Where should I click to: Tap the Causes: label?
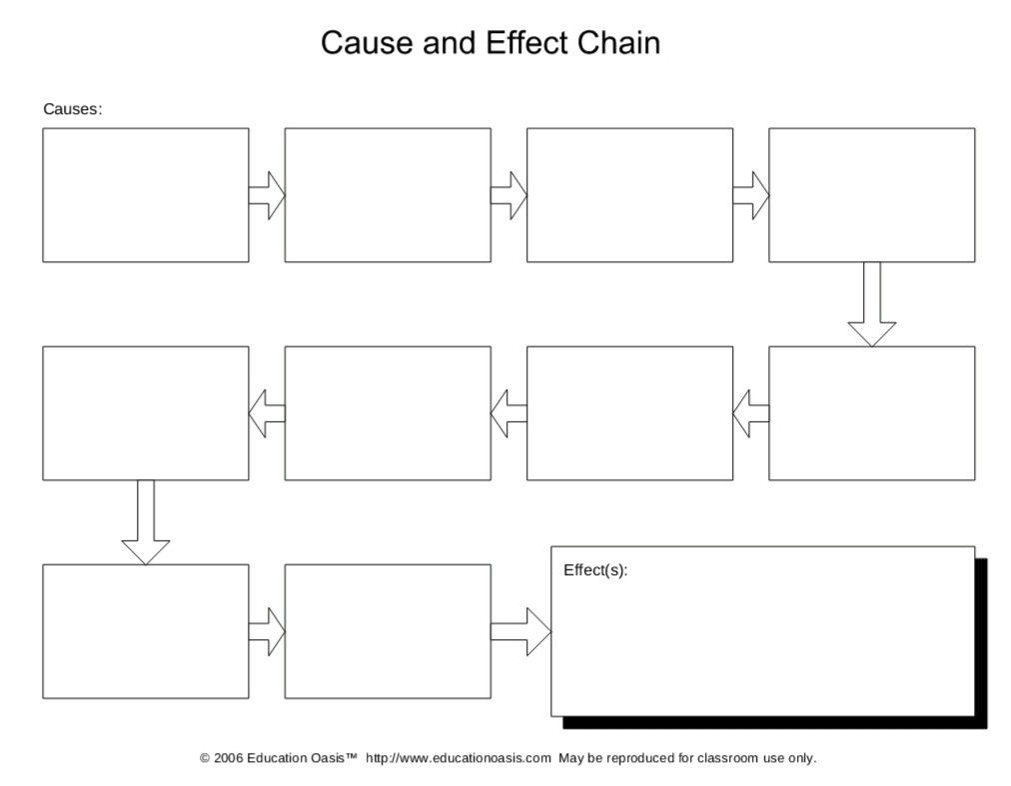click(72, 109)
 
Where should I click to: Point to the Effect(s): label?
click(595, 571)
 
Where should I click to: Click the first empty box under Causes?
click(146, 195)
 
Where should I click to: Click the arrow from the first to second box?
click(267, 195)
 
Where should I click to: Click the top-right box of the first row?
click(871, 195)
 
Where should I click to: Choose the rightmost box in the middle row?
click(871, 413)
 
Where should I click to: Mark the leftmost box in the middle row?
click(146, 413)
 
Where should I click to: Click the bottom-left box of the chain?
click(146, 631)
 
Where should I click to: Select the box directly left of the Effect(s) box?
click(388, 631)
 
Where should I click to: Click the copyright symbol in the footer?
click(205, 758)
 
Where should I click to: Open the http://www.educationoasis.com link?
click(458, 758)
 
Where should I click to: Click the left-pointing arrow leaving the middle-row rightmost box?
click(750, 413)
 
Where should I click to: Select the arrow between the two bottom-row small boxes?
click(267, 632)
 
